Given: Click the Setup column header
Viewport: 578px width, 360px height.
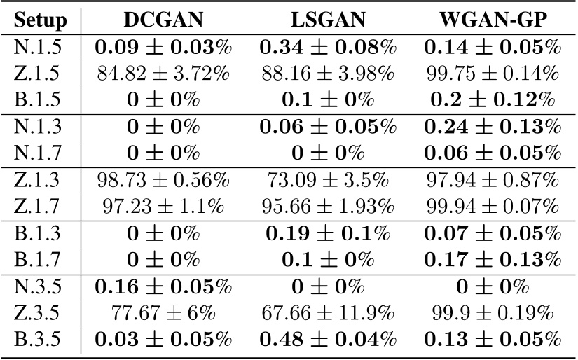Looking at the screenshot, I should tap(41, 21).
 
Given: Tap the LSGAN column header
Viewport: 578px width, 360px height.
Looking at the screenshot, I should tap(328, 21).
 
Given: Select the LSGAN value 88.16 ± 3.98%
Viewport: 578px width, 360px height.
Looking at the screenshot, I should tap(328, 73).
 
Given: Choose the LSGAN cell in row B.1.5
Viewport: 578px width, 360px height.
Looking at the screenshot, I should tap(328, 98).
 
